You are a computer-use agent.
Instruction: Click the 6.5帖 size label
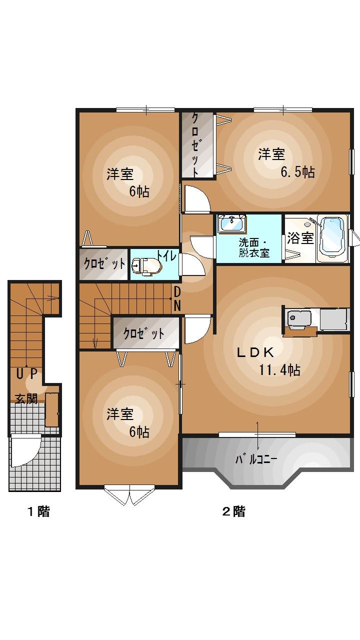pyautogui.click(x=297, y=172)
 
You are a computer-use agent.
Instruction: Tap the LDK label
pyautogui.click(x=255, y=352)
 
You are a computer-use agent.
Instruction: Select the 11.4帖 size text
pyautogui.click(x=279, y=370)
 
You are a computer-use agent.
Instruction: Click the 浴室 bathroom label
pyautogui.click(x=300, y=238)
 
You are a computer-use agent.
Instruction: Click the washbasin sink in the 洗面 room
pyautogui.click(x=232, y=223)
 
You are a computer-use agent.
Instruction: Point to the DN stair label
pyautogui.click(x=177, y=298)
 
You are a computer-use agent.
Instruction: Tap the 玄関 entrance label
pyautogui.click(x=25, y=398)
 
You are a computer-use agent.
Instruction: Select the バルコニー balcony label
pyautogui.click(x=256, y=458)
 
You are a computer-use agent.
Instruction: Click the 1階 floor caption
pyautogui.click(x=38, y=511)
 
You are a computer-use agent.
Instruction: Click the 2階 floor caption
pyautogui.click(x=233, y=511)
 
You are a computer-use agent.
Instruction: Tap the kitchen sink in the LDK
pyautogui.click(x=299, y=318)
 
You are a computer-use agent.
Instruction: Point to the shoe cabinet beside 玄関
pyautogui.click(x=51, y=410)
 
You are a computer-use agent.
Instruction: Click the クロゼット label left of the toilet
pyautogui.click(x=104, y=263)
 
